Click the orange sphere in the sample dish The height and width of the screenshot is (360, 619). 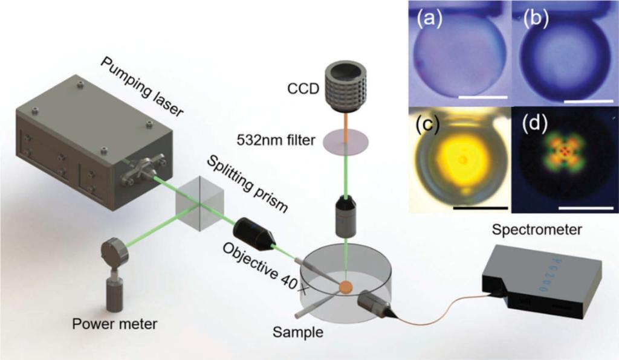[x=346, y=287]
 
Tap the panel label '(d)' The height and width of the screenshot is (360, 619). [x=533, y=123]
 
